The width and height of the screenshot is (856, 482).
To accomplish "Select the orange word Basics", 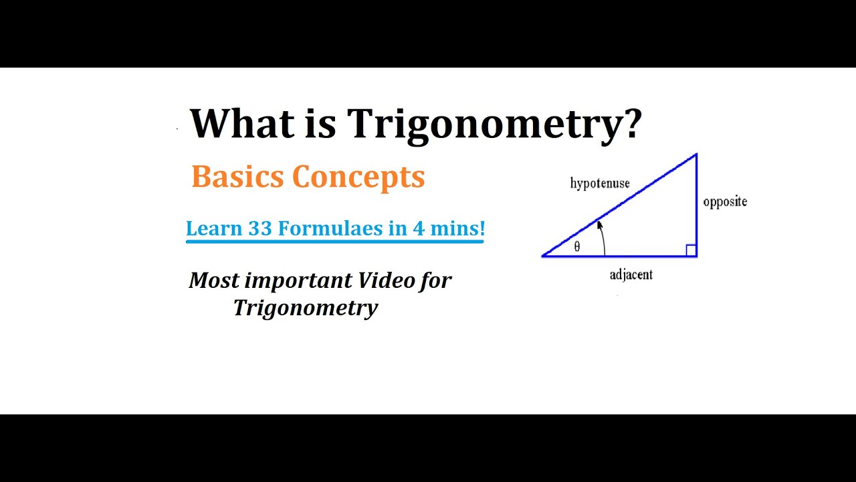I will point(237,177).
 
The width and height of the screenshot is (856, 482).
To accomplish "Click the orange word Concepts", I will point(358,177).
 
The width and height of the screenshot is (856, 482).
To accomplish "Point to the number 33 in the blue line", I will point(260,228).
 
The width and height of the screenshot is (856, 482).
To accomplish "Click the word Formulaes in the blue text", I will point(332,228).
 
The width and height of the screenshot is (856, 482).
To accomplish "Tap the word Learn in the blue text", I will point(214,228).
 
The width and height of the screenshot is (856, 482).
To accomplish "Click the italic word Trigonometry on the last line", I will point(306,308).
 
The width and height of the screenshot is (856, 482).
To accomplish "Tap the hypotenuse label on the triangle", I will point(600,183).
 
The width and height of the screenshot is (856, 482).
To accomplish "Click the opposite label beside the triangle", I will point(725,202).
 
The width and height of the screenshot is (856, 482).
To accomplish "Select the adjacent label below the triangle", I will point(631,274).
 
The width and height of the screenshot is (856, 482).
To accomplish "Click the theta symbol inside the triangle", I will point(577,246).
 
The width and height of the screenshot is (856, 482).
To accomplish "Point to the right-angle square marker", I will point(691,250).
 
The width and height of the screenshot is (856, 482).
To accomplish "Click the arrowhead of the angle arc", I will point(599,226).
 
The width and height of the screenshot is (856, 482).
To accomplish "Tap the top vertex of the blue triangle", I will point(696,155).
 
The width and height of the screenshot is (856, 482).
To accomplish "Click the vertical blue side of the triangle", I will point(697,208).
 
